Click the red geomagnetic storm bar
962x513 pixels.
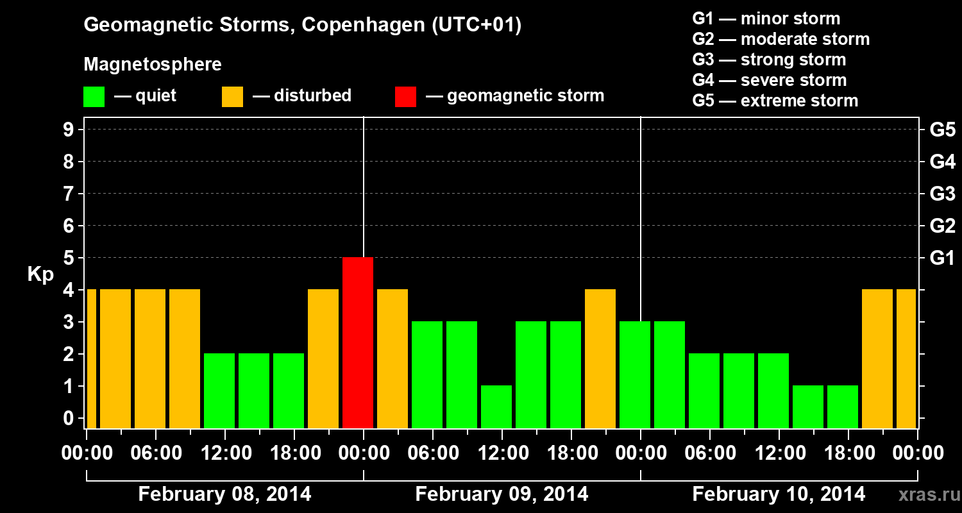[358, 342]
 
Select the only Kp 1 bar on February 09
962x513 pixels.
[496, 407]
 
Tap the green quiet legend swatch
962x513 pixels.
[94, 96]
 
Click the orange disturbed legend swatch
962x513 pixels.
[232, 96]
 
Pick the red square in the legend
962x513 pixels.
[405, 96]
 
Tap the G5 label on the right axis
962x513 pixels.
[942, 130]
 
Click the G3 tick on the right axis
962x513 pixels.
[942, 194]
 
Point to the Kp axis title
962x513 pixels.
[40, 274]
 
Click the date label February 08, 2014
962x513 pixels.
[224, 494]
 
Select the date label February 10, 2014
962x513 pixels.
[779, 494]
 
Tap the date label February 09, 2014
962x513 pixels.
[502, 494]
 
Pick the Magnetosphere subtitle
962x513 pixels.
[153, 65]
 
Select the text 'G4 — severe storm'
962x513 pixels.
[769, 80]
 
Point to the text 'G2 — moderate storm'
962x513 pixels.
[781, 39]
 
